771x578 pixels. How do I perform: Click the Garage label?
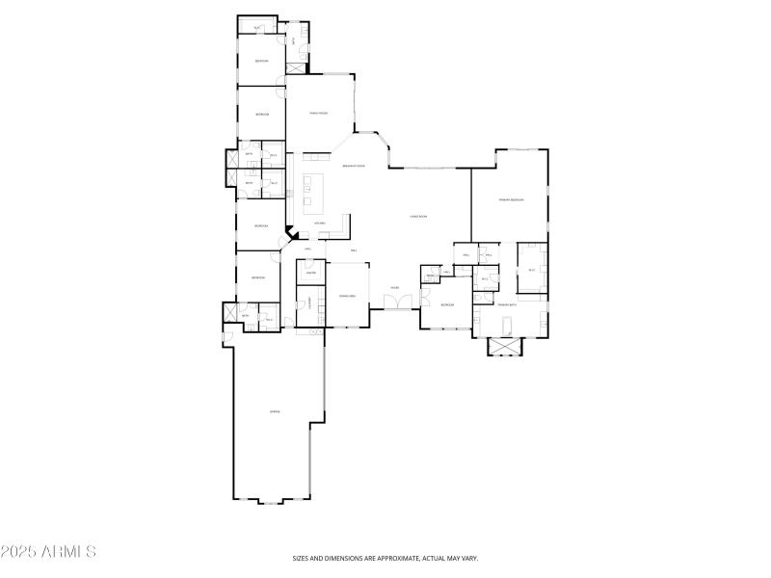coord(275,412)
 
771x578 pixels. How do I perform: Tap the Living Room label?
coord(419,217)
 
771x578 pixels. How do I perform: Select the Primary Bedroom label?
coord(511,199)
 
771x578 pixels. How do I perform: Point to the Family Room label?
coord(319,114)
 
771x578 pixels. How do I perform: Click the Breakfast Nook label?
coord(353,166)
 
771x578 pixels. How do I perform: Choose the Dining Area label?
coord(347,296)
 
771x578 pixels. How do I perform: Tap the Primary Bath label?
coord(508,304)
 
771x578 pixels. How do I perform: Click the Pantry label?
coord(311,273)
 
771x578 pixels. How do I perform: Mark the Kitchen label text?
coord(319,223)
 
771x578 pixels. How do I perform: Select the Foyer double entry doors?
coord(395,303)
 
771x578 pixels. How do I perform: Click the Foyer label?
coord(395,287)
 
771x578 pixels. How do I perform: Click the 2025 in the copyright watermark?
coord(17,552)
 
